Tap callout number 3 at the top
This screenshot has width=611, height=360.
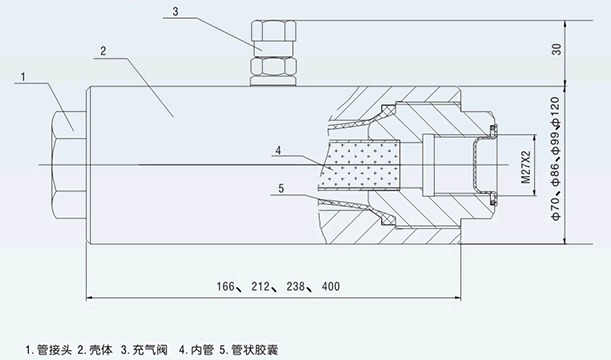[x=175, y=13]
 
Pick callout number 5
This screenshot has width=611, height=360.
[x=281, y=187]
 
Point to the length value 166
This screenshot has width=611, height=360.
[x=230, y=287]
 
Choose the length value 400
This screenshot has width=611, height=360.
[x=330, y=287]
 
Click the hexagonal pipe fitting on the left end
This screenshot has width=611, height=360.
[x=65, y=163]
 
